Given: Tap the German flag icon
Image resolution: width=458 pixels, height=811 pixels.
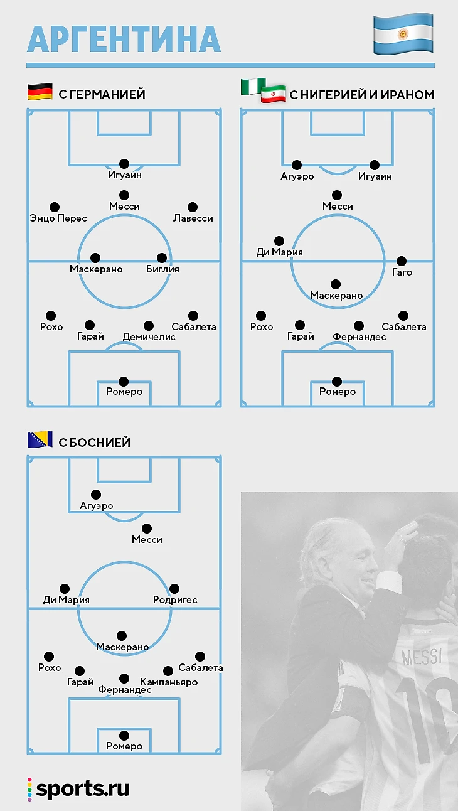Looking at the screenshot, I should [x=40, y=93].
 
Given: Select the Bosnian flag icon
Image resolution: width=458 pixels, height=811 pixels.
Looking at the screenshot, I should [x=40, y=440].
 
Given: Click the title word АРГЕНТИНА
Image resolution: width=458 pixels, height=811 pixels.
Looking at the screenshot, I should [x=124, y=39].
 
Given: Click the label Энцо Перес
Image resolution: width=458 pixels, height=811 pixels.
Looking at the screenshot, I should [x=58, y=218].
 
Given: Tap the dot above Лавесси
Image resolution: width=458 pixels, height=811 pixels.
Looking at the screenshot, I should [x=193, y=207].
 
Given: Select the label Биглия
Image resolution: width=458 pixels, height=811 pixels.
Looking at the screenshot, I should [x=163, y=269].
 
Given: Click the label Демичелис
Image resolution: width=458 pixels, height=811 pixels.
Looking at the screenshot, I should [x=149, y=337].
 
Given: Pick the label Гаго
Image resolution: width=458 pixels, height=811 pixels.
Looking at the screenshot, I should [x=402, y=272].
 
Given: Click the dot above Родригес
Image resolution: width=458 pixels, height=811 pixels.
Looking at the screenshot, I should [x=174, y=589].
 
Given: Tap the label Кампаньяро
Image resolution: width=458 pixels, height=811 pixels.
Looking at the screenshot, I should [x=169, y=682].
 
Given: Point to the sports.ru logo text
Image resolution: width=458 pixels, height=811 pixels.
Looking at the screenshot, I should [x=82, y=789].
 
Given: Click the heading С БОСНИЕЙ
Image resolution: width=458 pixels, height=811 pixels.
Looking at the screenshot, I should [x=94, y=442].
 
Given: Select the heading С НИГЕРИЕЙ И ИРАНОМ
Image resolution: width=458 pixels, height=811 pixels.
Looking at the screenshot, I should [x=361, y=95].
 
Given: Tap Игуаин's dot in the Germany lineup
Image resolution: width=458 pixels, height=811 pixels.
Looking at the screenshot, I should [x=124, y=164].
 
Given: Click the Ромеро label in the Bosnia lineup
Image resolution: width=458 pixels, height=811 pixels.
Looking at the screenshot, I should [x=124, y=746].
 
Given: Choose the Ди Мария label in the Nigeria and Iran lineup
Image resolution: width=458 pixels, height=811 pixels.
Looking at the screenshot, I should [x=280, y=252].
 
